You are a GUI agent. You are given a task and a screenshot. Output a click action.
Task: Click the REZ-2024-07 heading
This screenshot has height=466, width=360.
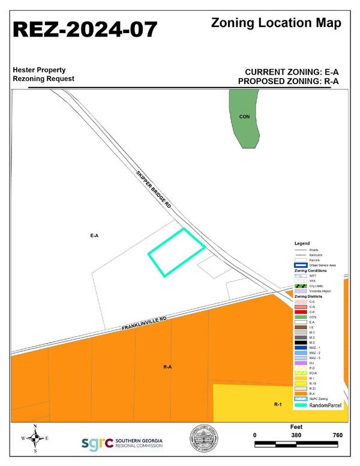pyautogui.click(x=86, y=28)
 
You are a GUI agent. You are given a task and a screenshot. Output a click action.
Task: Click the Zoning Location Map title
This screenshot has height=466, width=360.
pyautogui.click(x=277, y=23)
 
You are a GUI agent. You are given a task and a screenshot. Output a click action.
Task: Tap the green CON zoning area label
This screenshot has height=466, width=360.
pyautogui.click(x=244, y=117)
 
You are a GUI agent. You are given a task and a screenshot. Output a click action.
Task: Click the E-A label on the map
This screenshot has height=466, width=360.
pyautogui.click(x=94, y=236)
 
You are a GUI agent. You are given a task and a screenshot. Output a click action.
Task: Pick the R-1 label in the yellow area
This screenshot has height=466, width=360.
pyautogui.click(x=278, y=405)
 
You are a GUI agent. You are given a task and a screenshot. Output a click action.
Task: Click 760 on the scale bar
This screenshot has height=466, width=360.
pyautogui.click(x=337, y=435)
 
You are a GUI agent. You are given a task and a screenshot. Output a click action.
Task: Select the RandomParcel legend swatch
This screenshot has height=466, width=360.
pyautogui.click(x=300, y=405)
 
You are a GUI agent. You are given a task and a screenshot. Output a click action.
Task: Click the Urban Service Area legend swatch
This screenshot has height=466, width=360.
pyautogui.click(x=300, y=265)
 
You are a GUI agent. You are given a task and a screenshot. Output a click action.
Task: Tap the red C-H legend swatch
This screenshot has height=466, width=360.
pyautogui.click(x=300, y=312)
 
